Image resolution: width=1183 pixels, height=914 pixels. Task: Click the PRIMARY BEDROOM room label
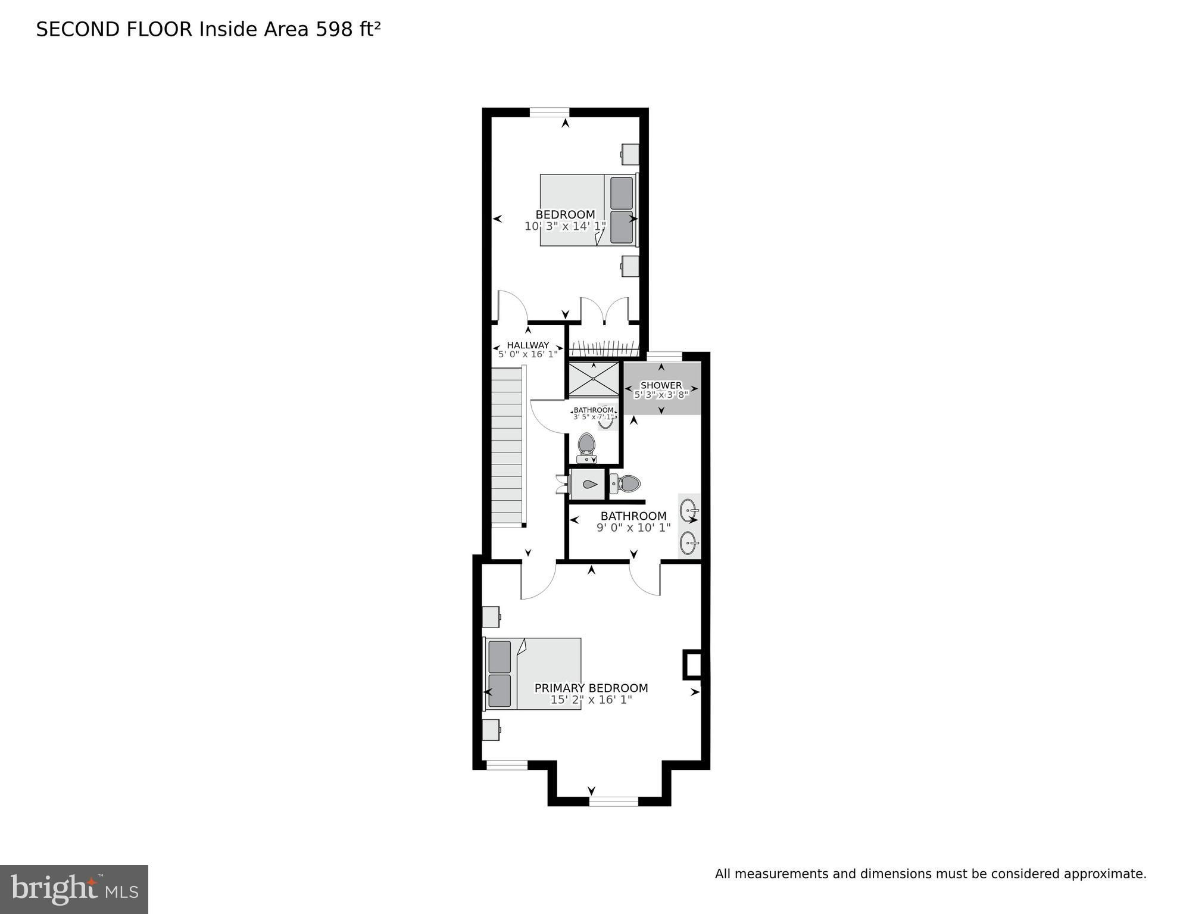(x=591, y=688)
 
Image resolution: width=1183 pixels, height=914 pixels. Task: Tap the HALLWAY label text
(x=528, y=345)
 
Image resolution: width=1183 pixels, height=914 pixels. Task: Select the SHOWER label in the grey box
(x=661, y=385)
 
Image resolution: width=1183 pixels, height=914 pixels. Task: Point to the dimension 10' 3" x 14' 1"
(x=565, y=226)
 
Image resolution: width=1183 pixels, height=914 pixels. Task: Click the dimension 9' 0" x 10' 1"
(x=633, y=528)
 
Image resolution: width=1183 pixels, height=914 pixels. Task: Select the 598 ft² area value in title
(x=348, y=29)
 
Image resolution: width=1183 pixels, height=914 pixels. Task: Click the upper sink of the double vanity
(x=689, y=511)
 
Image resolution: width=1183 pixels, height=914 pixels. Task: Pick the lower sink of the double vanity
(x=689, y=543)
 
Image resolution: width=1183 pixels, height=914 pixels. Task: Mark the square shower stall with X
(x=594, y=379)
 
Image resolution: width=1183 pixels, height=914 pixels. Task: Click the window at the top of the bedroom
(x=550, y=113)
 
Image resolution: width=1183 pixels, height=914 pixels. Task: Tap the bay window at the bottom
(x=614, y=801)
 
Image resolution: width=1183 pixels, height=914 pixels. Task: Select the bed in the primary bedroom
(x=532, y=673)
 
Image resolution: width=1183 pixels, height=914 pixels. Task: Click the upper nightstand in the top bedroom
(x=630, y=154)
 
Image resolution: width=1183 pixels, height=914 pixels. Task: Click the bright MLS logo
(x=74, y=890)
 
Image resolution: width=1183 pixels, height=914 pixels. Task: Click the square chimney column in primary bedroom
(x=692, y=664)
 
